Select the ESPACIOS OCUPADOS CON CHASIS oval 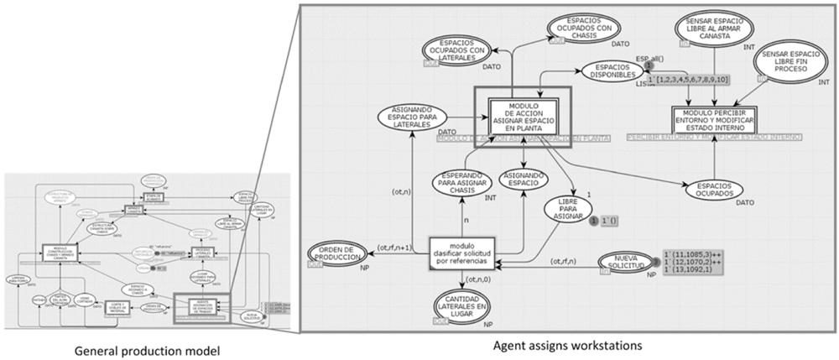click(583, 28)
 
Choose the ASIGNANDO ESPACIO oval click(524, 179)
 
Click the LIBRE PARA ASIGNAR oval click(574, 210)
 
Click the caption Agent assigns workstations click(567, 344)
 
